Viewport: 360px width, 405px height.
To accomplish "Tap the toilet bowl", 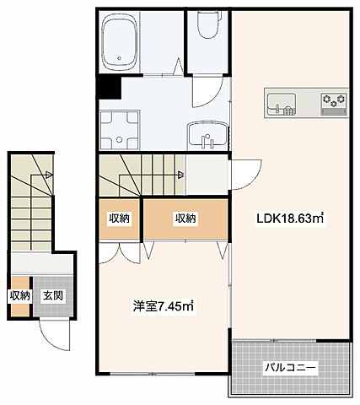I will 205,30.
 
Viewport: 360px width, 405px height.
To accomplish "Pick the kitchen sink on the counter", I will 281,105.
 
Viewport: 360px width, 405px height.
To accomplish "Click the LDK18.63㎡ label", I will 291,219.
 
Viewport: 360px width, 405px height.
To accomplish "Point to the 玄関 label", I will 53,296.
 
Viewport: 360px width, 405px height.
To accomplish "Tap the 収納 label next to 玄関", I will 20,296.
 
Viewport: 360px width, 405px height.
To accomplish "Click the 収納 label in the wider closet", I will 185,219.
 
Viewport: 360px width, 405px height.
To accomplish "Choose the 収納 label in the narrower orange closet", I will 119,219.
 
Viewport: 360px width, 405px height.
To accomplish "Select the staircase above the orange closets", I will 140,175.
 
